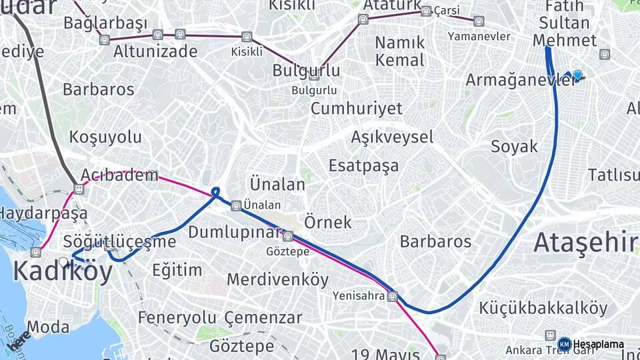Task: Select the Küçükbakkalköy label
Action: (543, 309)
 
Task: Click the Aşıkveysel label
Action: (392, 137)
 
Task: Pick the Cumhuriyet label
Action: (357, 108)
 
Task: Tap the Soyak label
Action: (514, 147)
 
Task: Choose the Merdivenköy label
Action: (278, 279)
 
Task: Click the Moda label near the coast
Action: (48, 327)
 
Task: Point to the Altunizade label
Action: (155, 51)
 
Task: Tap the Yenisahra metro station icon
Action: (393, 296)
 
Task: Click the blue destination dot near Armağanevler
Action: (577, 75)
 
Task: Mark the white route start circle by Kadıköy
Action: (63, 262)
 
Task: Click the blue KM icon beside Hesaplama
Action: (564, 343)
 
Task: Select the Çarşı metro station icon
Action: (426, 11)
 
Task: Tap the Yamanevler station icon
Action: (479, 21)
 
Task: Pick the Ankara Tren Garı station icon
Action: (550, 335)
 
